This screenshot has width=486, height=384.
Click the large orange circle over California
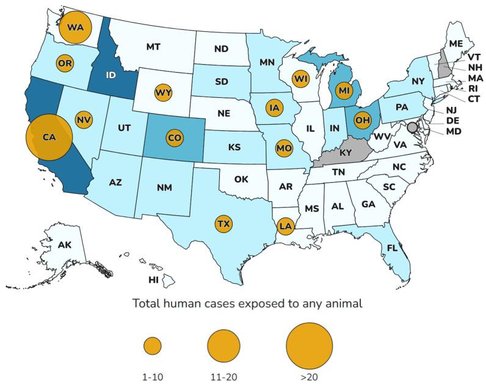pos(49,138)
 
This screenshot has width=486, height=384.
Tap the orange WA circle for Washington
pos(75,28)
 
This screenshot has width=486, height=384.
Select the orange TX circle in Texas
pos(224,224)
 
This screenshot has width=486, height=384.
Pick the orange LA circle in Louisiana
pos(285,226)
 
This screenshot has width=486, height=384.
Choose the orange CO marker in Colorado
pos(174,138)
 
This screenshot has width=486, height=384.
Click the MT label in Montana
pos(153,46)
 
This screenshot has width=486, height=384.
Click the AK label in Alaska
pos(65,245)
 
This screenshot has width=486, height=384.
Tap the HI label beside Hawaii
pos(154,279)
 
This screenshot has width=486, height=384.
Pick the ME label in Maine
pos(455,43)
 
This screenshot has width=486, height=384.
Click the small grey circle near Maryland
pos(412,127)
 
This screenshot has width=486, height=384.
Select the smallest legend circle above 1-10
pos(153,346)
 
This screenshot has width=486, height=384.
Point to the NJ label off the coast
pos(451,110)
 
